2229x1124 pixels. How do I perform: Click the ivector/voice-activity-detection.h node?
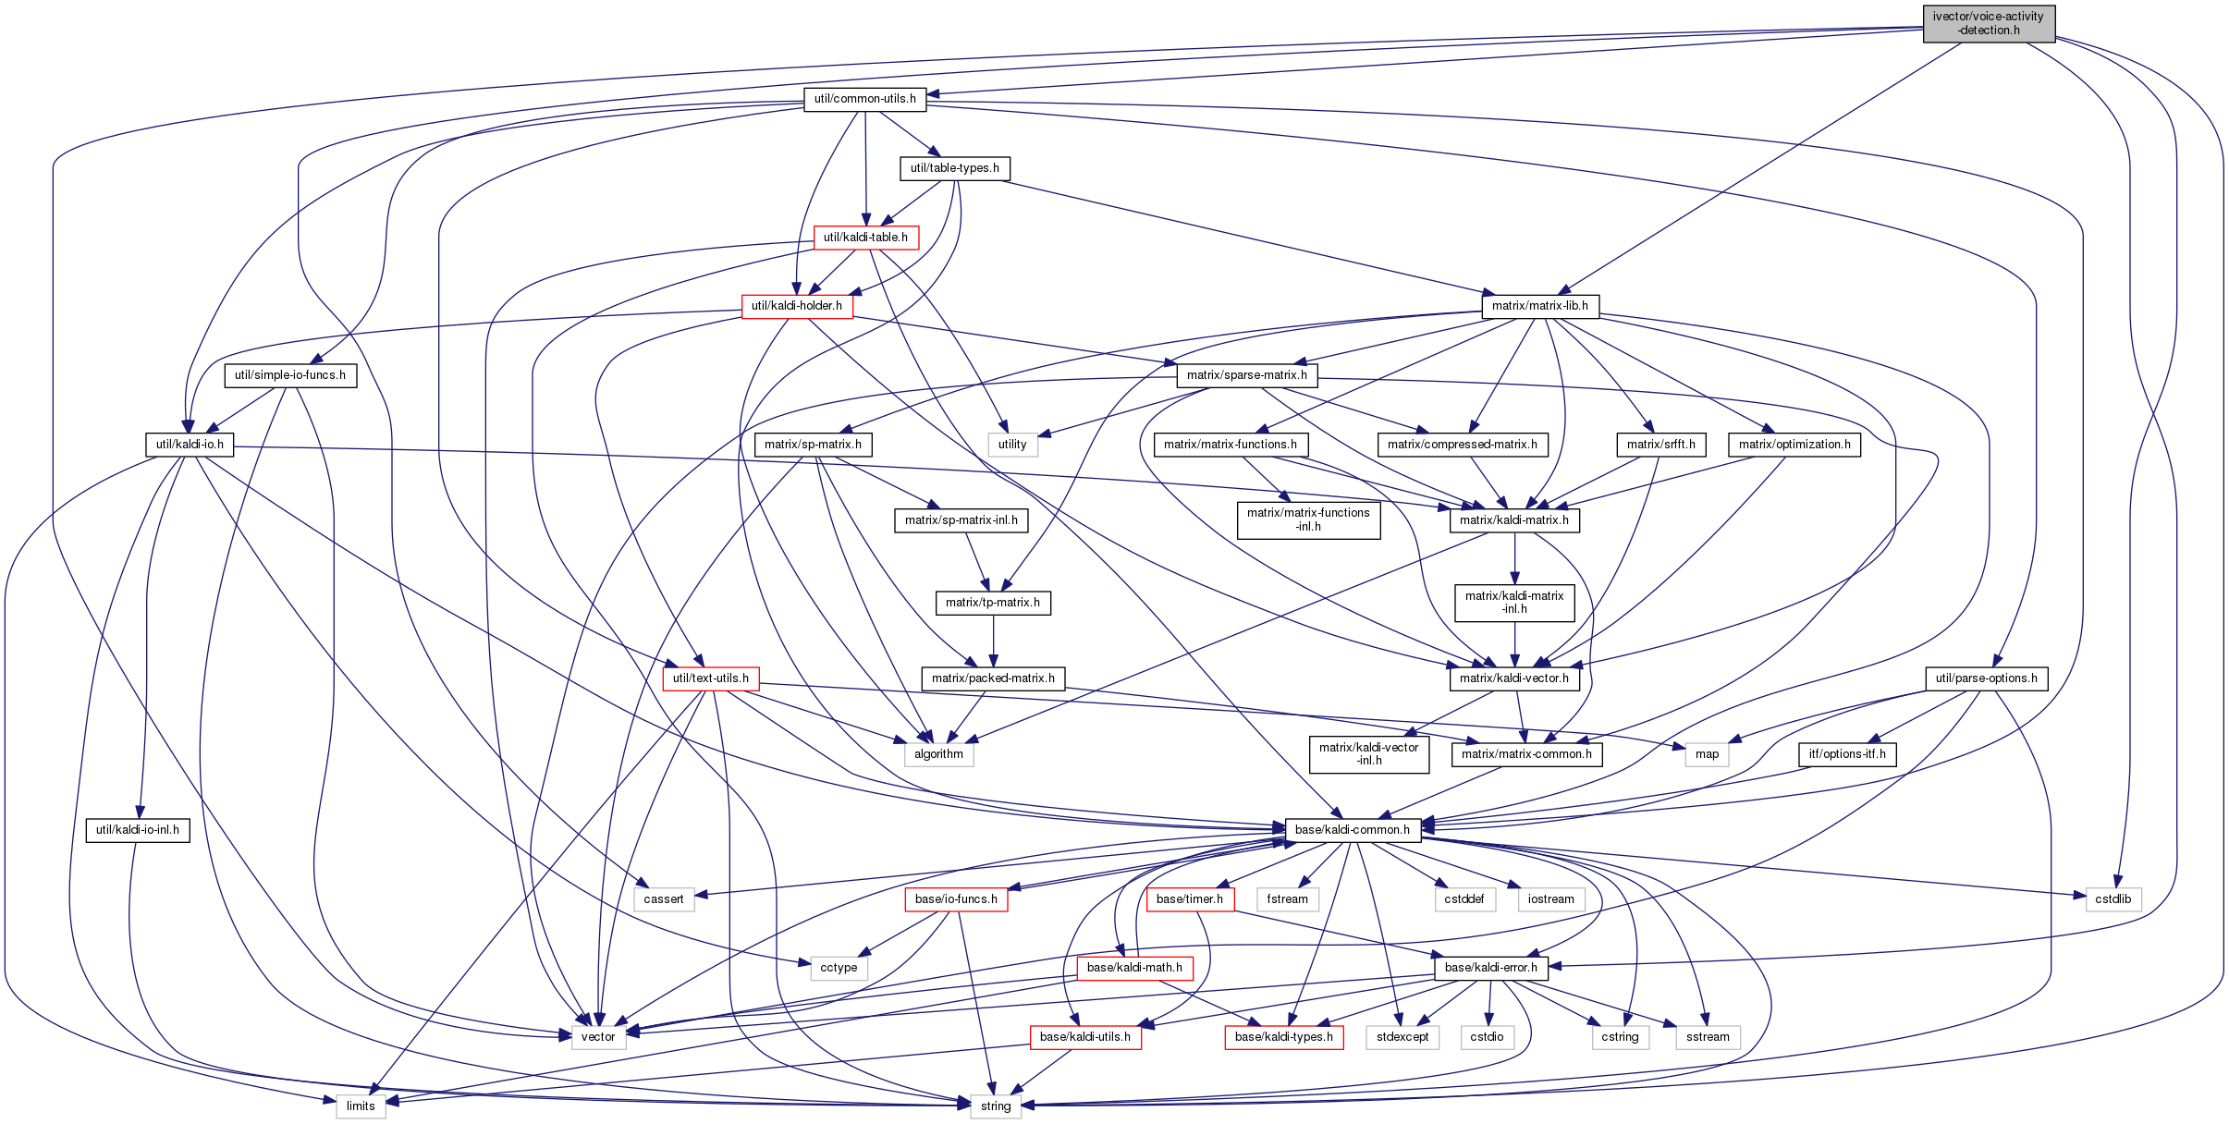click(x=1989, y=23)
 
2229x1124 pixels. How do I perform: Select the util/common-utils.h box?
click(x=864, y=99)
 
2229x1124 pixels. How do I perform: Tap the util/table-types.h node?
click(x=954, y=168)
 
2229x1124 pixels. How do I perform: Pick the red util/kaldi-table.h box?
click(x=865, y=238)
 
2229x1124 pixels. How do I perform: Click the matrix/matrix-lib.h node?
click(x=1539, y=306)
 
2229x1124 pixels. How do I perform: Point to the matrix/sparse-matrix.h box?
click(x=1246, y=375)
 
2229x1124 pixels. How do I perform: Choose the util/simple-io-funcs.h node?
click(x=289, y=375)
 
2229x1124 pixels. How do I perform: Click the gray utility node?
click(x=1012, y=445)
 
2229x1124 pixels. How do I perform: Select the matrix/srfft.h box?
click(x=1660, y=445)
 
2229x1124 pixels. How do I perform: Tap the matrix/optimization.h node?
click(x=1794, y=445)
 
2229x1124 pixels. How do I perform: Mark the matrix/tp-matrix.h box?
click(x=993, y=603)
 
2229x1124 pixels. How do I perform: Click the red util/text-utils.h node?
click(x=710, y=678)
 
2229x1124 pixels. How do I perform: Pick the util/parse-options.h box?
click(x=1986, y=678)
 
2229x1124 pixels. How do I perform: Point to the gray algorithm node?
click(x=938, y=754)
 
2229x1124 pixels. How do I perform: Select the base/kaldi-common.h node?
click(x=1352, y=830)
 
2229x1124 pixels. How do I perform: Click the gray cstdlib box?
click(x=2113, y=899)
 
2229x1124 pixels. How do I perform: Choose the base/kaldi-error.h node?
click(x=1490, y=968)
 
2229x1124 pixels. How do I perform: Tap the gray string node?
click(x=996, y=1106)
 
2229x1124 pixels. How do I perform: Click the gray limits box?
click(x=361, y=1106)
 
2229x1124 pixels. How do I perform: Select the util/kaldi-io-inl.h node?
click(x=138, y=830)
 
